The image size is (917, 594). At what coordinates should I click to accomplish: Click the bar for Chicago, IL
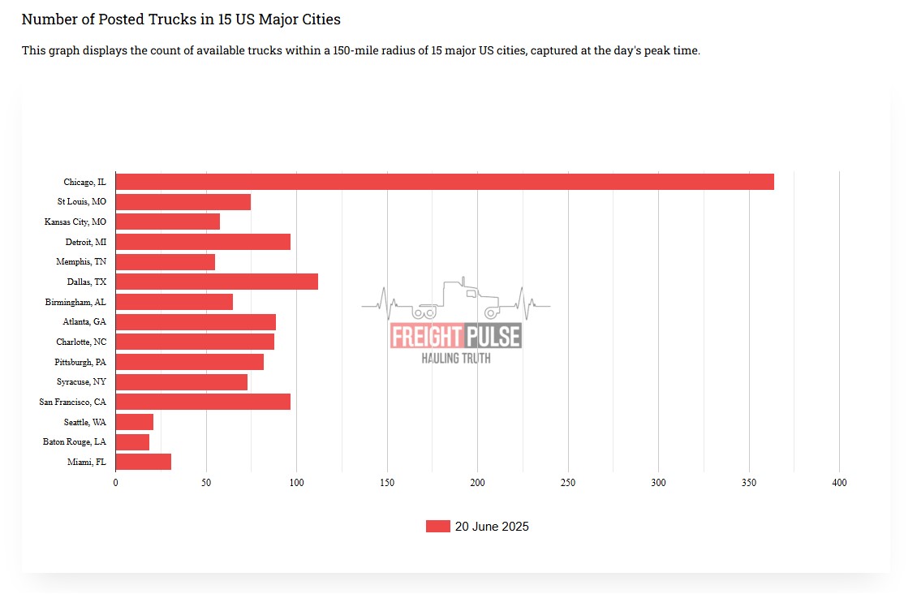[x=445, y=182]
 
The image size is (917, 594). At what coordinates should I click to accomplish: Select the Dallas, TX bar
[x=217, y=282]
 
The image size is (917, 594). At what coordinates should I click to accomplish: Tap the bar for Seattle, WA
[x=135, y=422]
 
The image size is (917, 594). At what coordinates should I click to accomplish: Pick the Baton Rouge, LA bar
[x=132, y=442]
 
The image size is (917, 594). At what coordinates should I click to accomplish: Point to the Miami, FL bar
[x=144, y=462]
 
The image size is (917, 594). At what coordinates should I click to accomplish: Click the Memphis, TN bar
[x=166, y=262]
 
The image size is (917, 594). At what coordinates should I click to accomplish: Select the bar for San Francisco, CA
[x=203, y=402]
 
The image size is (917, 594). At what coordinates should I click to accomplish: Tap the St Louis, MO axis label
[x=81, y=202]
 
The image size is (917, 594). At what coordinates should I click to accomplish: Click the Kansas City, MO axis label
[x=75, y=222]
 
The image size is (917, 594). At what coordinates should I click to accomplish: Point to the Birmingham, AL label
[x=75, y=302]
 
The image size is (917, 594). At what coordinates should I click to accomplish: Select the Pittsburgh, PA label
[x=80, y=362]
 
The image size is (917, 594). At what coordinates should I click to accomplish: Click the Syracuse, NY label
[x=81, y=381]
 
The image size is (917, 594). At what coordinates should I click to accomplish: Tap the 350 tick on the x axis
[x=749, y=483]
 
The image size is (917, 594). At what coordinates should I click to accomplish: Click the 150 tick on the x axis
[x=387, y=483]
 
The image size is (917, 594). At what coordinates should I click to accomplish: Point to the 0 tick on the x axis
[x=115, y=483]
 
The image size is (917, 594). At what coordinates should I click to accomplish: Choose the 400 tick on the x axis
[x=839, y=483]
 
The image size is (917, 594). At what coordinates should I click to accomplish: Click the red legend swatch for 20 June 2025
[x=437, y=527]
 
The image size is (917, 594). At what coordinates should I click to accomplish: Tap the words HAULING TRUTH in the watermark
[x=455, y=358]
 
